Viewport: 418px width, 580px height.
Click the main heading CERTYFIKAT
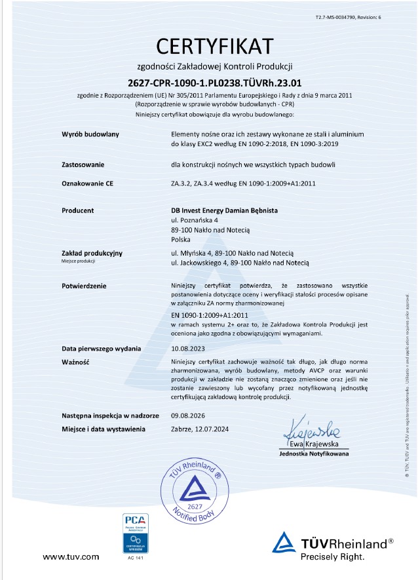[x=214, y=47]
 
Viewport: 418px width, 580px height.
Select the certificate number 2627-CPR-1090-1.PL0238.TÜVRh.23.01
[x=214, y=83]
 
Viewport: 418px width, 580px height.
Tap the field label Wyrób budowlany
[x=90, y=134]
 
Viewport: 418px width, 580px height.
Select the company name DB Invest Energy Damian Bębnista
[x=225, y=211]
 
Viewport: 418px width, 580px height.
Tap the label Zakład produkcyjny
[x=92, y=253]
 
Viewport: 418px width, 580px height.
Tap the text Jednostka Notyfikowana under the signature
[x=314, y=454]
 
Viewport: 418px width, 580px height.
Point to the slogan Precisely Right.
[x=332, y=557]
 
